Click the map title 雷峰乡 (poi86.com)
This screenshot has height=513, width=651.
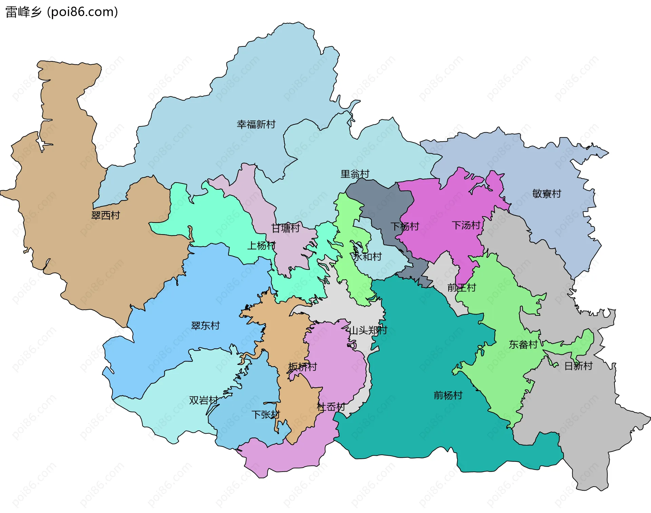tap(62, 12)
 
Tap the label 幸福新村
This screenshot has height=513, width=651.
tap(256, 124)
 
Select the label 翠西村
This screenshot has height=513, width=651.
tap(105, 215)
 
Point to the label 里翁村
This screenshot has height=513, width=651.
tap(355, 174)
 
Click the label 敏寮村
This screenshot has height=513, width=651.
tap(547, 193)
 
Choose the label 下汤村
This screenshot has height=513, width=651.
tap(466, 225)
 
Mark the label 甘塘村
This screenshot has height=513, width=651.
tap(285, 228)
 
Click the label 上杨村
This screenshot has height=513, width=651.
tap(261, 245)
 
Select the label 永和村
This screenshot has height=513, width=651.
tap(367, 256)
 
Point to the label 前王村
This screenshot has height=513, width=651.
tap(461, 288)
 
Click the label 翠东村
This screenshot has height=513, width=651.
tap(205, 326)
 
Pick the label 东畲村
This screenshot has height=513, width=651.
tap(523, 344)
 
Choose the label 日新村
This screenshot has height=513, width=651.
tap(578, 366)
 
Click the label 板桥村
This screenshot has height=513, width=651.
tap(302, 367)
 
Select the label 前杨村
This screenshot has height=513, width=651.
tap(448, 395)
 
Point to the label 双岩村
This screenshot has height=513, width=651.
tap(203, 400)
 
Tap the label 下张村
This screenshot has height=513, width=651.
tap(265, 414)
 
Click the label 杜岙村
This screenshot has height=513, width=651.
tap(331, 407)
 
